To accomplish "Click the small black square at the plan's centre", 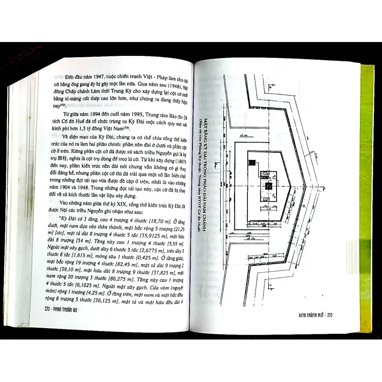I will pyautogui.click(x=268, y=185).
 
